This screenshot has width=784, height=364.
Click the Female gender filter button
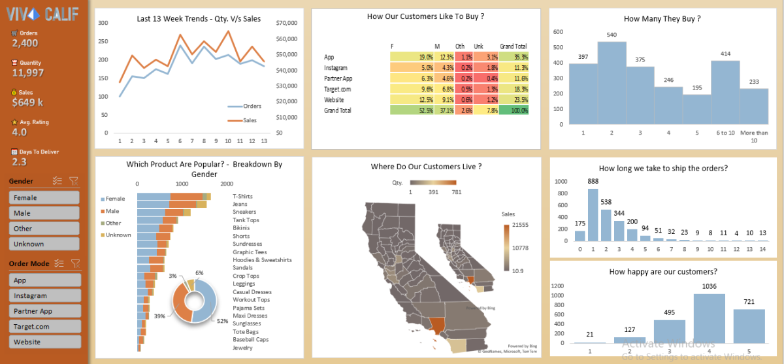[44, 197]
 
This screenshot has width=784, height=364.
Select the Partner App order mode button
[44, 311]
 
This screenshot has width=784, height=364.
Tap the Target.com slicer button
[44, 326]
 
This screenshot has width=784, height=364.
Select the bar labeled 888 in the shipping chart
[593, 215]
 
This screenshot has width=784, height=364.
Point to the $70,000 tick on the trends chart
[287, 23]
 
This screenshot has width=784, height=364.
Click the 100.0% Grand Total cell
[514, 110]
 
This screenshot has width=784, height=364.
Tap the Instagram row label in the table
[336, 67]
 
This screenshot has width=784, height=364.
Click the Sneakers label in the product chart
[244, 212]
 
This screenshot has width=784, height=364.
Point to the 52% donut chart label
[222, 321]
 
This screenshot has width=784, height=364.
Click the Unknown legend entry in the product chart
[118, 235]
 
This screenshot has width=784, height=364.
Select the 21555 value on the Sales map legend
[520, 225]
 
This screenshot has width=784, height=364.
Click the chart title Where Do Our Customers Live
[426, 167]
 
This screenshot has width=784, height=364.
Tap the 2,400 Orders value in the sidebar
[25, 43]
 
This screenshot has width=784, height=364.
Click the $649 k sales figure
[27, 102]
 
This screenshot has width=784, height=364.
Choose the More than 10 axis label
[754, 137]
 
